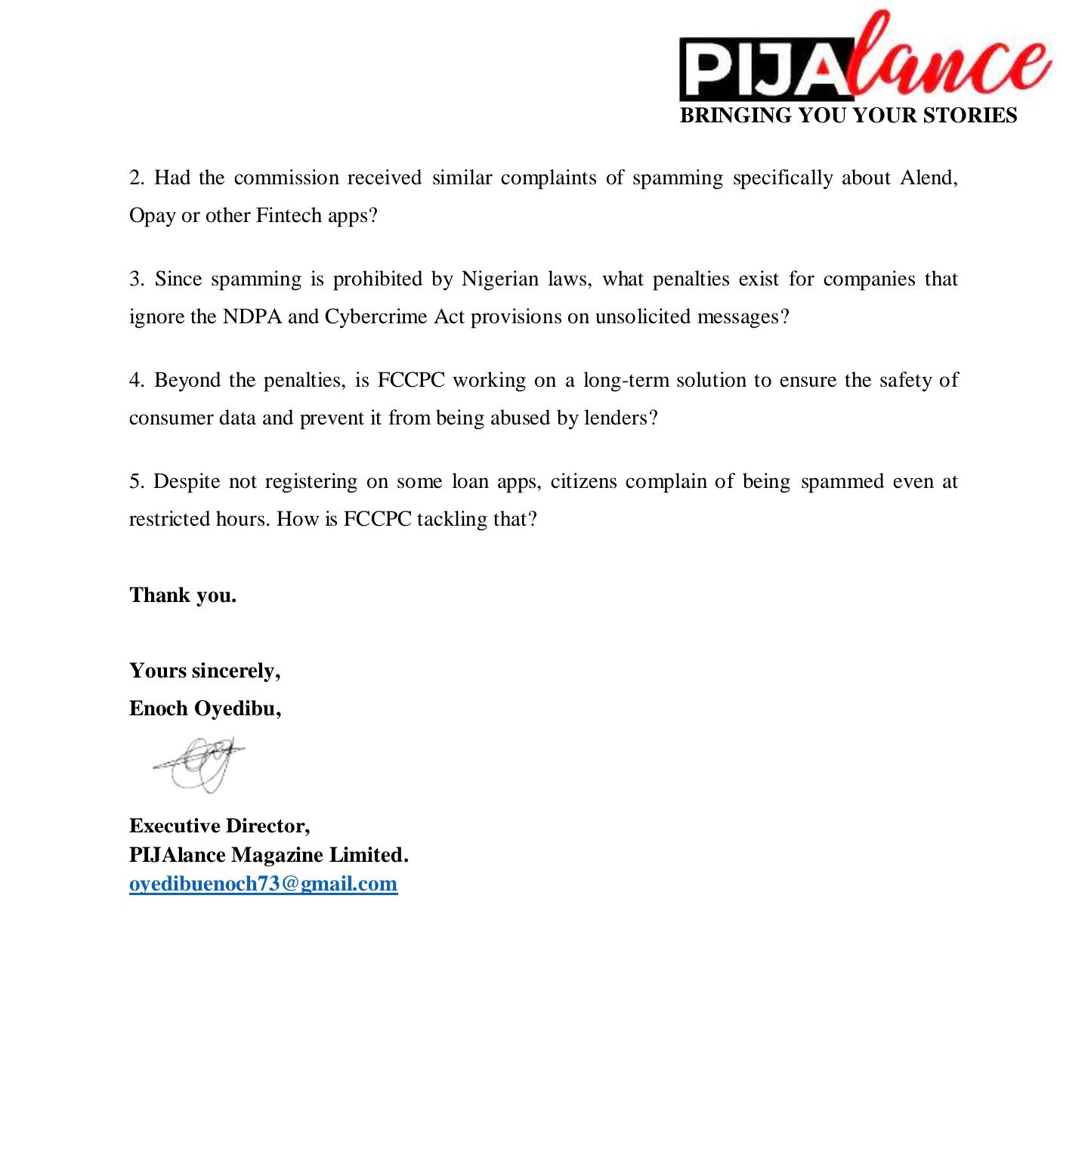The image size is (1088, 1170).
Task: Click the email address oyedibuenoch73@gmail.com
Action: [263, 884]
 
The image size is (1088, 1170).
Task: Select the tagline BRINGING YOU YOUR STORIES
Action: [848, 116]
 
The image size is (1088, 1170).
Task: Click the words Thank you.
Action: [183, 595]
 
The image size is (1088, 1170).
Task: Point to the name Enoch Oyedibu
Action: [205, 708]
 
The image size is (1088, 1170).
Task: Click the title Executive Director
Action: [219, 826]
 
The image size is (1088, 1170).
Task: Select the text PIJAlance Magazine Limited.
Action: [268, 855]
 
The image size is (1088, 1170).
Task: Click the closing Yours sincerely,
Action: [205, 671]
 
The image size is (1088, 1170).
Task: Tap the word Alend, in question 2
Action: [929, 178]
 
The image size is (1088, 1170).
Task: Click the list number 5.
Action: [137, 482]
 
